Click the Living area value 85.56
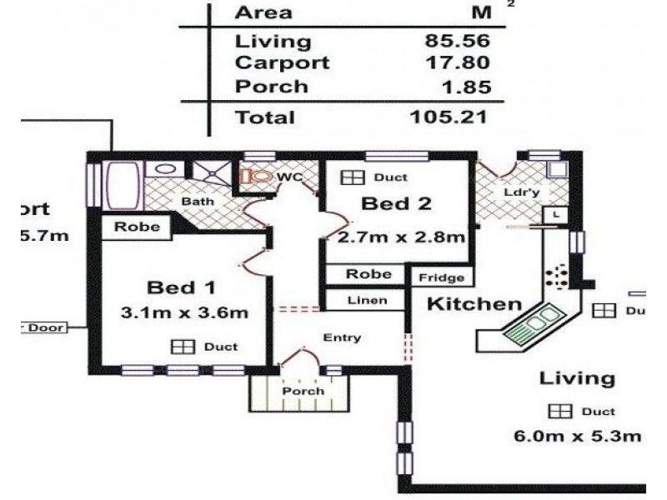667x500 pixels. [455, 41]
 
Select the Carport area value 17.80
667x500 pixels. [455, 63]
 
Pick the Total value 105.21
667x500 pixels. [449, 117]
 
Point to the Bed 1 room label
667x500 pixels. [181, 287]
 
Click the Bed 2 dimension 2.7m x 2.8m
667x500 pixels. [401, 237]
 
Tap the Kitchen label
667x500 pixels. [474, 304]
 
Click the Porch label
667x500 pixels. [302, 392]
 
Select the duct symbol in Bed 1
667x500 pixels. [182, 347]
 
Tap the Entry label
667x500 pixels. [342, 337]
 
